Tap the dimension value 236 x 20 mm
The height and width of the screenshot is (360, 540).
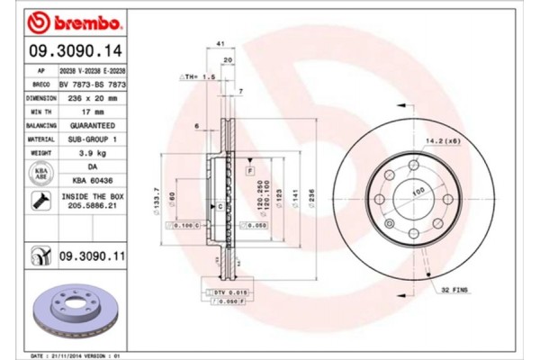[92, 96]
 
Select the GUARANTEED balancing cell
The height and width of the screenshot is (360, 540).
[92, 125]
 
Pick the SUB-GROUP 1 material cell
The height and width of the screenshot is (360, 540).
[92, 139]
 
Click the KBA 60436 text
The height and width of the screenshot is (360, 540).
[92, 180]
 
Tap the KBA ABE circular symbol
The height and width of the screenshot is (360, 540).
[41, 174]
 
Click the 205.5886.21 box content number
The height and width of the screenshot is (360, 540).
[92, 206]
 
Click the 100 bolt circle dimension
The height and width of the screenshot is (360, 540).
[417, 191]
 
